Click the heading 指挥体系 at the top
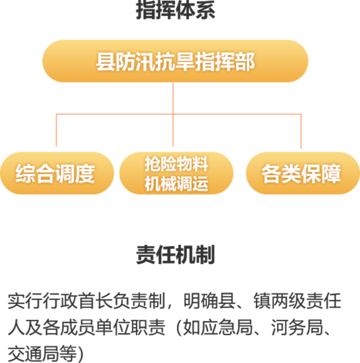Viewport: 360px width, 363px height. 176,10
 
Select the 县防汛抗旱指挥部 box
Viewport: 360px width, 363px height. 175,61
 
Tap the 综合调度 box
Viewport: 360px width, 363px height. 57,173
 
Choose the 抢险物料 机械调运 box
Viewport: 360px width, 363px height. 176,173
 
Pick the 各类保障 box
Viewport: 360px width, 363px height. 303,173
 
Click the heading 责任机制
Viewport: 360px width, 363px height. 176,254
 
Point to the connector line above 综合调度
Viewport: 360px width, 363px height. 56,130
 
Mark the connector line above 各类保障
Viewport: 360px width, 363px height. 301,131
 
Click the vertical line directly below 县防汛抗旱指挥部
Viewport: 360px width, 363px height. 173,115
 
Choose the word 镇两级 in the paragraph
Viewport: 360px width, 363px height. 280,301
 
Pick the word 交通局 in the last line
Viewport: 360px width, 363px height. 34,354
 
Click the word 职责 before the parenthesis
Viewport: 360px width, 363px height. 148,327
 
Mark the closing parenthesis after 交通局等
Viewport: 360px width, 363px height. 80,354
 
